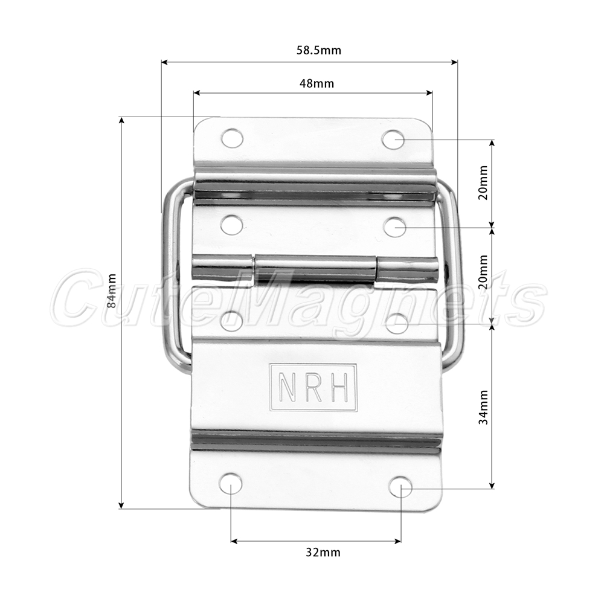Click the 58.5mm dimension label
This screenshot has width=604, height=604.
pos(318,51)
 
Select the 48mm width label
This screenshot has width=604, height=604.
pos(316,83)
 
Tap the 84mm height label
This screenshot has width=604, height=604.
pos(111,291)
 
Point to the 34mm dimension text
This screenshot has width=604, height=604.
pos(483,407)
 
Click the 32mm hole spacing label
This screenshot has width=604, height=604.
pos(323,553)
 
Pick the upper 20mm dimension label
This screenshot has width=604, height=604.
pos(483,182)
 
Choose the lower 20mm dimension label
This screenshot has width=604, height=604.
pos(483,272)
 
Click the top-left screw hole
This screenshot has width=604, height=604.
pos(233,138)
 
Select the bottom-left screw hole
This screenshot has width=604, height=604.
pos(230,484)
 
